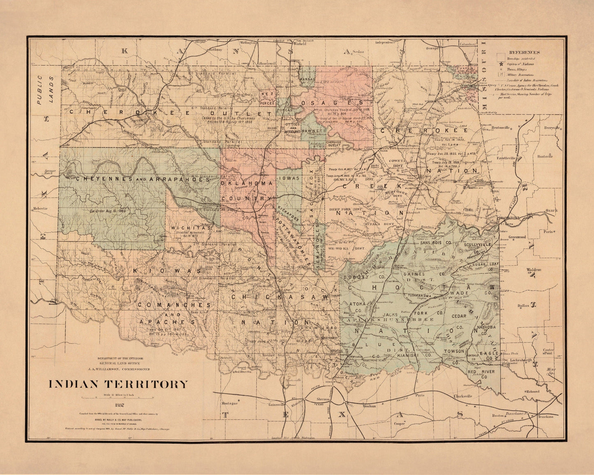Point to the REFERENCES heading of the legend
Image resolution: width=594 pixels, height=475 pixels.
point(524,52)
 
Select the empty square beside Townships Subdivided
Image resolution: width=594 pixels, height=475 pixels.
point(501,57)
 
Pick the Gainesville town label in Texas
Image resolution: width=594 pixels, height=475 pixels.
point(266,404)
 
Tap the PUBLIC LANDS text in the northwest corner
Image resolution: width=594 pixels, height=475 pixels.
point(45,90)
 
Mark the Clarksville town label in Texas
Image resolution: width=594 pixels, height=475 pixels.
point(463,396)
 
